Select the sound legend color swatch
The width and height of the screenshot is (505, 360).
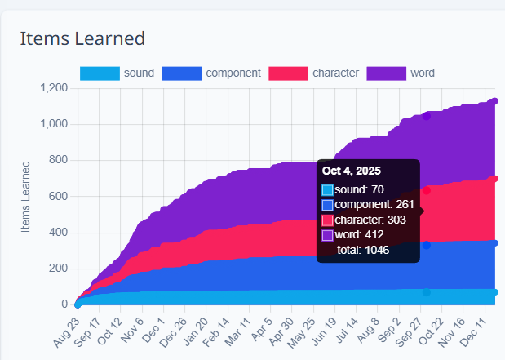pyautogui.click(x=100, y=73)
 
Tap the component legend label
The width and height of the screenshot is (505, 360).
pyautogui.click(x=233, y=73)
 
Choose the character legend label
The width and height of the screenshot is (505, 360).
pyautogui.click(x=335, y=73)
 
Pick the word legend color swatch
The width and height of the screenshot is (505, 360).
pyautogui.click(x=386, y=73)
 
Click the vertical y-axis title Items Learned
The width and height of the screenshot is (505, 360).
pyautogui.click(x=26, y=196)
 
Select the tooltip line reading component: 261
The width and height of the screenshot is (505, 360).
pyautogui.click(x=363, y=205)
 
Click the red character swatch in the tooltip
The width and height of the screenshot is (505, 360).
pyautogui.click(x=328, y=220)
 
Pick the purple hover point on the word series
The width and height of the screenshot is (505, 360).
pyautogui.click(x=426, y=116)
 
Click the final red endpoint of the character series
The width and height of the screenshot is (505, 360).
pyautogui.click(x=494, y=179)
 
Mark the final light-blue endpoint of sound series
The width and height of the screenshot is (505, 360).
pyautogui.click(x=494, y=291)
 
